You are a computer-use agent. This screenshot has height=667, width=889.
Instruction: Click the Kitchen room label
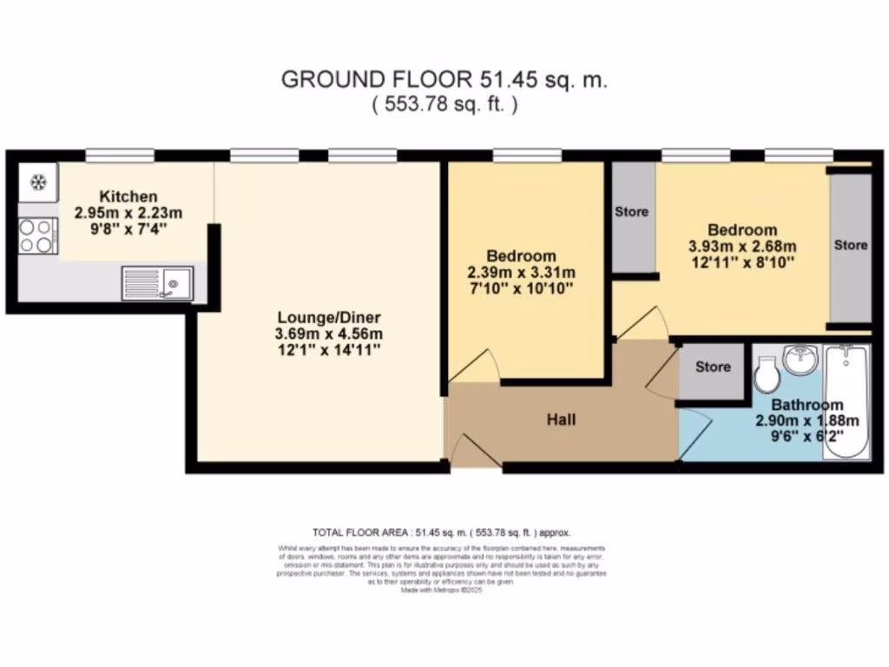[128, 196]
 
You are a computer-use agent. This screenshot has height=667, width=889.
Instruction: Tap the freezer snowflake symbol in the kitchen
[38, 182]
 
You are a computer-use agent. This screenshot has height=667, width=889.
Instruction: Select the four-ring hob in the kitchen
[37, 235]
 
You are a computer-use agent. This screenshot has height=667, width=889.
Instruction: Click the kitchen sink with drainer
[158, 282]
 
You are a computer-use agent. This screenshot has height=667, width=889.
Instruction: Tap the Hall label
[561, 419]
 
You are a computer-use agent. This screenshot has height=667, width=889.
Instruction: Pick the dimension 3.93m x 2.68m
[742, 247]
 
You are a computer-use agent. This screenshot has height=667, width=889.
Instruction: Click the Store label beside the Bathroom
[713, 367]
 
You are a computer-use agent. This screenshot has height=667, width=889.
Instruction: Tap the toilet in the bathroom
[766, 376]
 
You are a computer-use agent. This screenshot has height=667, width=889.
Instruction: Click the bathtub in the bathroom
[846, 401]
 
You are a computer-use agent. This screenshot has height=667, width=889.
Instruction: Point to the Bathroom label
[807, 405]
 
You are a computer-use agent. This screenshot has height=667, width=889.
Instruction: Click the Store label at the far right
[850, 245]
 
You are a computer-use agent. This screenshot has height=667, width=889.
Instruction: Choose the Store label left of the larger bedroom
[632, 211]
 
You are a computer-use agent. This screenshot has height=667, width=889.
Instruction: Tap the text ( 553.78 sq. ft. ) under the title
[444, 105]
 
